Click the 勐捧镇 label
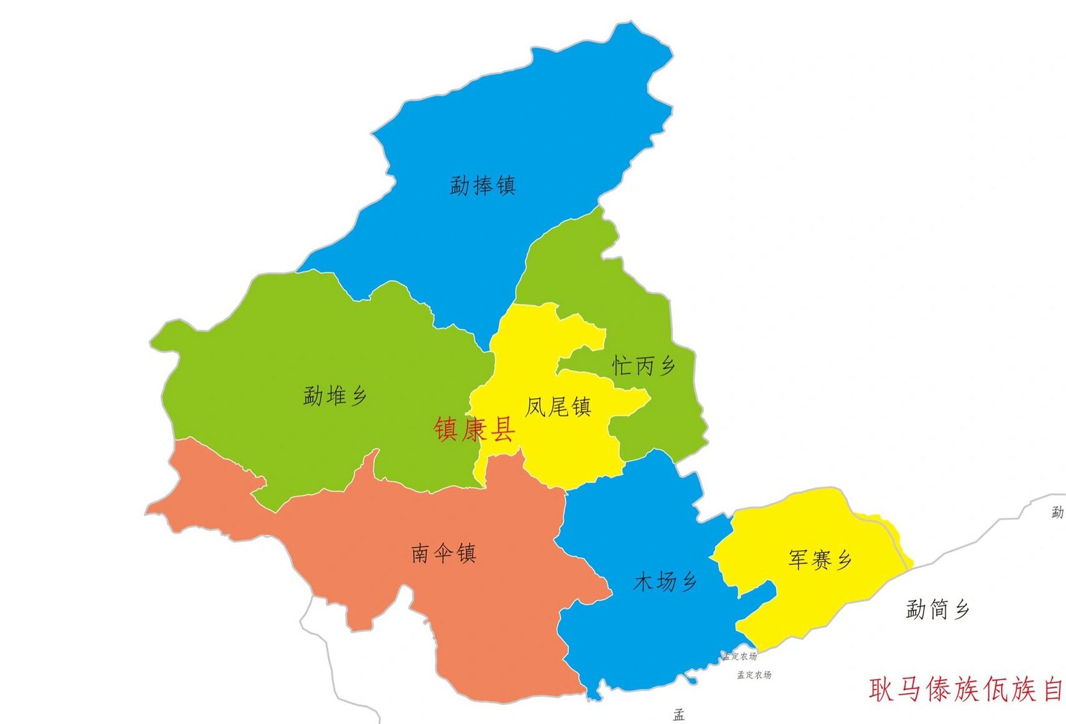click(x=483, y=186)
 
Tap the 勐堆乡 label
click(x=335, y=395)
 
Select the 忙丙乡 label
click(x=643, y=366)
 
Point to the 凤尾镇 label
click(x=558, y=407)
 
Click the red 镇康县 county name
click(x=474, y=429)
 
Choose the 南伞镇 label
click(x=443, y=553)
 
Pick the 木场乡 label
click(x=665, y=581)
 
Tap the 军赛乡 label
click(x=820, y=560)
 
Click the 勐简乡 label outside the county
click(x=938, y=610)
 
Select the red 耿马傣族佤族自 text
click(x=966, y=689)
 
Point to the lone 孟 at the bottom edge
click(x=679, y=715)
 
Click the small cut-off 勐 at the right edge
click(x=1058, y=512)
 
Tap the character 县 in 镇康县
click(x=502, y=429)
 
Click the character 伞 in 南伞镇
click(x=443, y=553)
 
